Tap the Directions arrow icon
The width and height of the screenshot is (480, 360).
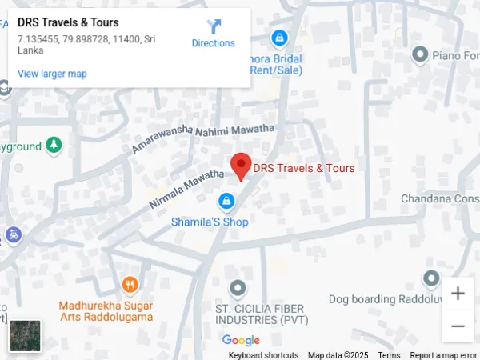click(x=214, y=26)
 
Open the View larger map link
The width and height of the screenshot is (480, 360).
click(x=52, y=74)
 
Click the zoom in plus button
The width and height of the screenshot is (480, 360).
click(x=458, y=294)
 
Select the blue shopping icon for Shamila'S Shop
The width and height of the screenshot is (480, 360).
click(x=226, y=200)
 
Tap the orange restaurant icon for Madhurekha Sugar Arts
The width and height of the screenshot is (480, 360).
click(x=130, y=284)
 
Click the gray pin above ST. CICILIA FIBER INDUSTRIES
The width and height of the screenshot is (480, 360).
click(x=237, y=287)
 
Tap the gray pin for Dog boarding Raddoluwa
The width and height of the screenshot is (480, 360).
click(x=431, y=278)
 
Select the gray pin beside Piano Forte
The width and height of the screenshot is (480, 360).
click(x=419, y=54)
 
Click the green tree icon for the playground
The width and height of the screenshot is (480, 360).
click(x=53, y=146)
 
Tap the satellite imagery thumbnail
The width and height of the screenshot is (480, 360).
click(x=24, y=335)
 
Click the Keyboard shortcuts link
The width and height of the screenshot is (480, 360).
click(x=263, y=355)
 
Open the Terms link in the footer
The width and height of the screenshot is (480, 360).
click(x=390, y=355)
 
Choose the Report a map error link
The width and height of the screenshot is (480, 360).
click(x=443, y=355)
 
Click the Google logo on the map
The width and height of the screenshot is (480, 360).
click(x=241, y=341)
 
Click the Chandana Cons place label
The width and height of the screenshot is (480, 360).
click(x=439, y=198)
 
